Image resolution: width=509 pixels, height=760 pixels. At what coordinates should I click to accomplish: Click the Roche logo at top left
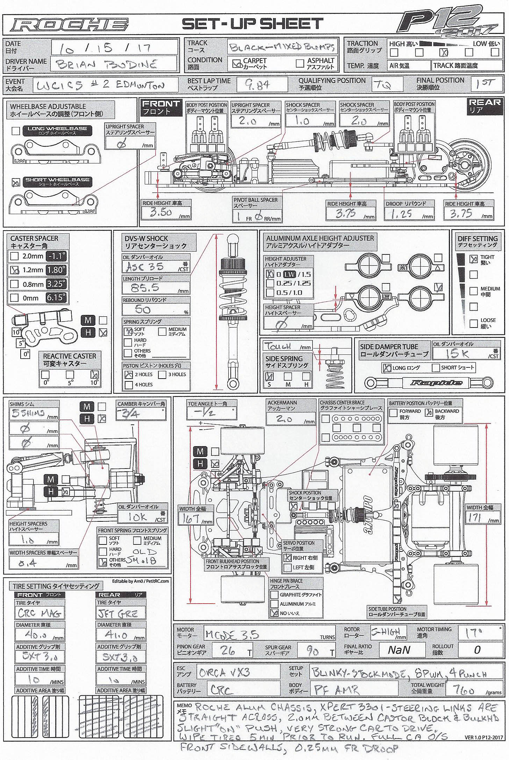(x=69, y=24)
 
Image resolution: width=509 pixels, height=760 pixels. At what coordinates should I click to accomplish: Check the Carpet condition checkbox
(x=237, y=64)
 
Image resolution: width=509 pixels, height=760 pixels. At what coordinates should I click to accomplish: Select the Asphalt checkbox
(x=300, y=63)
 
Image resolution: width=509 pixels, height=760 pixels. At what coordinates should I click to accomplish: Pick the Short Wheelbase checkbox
(x=16, y=183)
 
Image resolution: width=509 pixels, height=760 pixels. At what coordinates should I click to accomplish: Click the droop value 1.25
(x=401, y=214)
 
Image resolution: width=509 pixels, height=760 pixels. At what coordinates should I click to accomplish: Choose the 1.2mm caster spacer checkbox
(x=15, y=270)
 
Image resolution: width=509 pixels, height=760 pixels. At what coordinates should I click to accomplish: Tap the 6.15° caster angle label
(x=56, y=298)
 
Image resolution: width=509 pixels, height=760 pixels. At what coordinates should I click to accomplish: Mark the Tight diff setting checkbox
(x=473, y=259)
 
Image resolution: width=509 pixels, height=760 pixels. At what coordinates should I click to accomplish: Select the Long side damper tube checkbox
(x=387, y=368)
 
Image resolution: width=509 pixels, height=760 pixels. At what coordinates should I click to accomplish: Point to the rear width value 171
(x=474, y=518)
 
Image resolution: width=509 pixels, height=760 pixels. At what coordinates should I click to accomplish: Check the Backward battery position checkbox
(x=429, y=413)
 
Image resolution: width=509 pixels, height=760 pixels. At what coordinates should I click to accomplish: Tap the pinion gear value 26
(x=228, y=650)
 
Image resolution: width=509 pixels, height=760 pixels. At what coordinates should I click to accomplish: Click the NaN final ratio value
(x=399, y=650)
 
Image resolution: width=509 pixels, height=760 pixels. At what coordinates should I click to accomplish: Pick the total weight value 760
(x=463, y=690)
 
